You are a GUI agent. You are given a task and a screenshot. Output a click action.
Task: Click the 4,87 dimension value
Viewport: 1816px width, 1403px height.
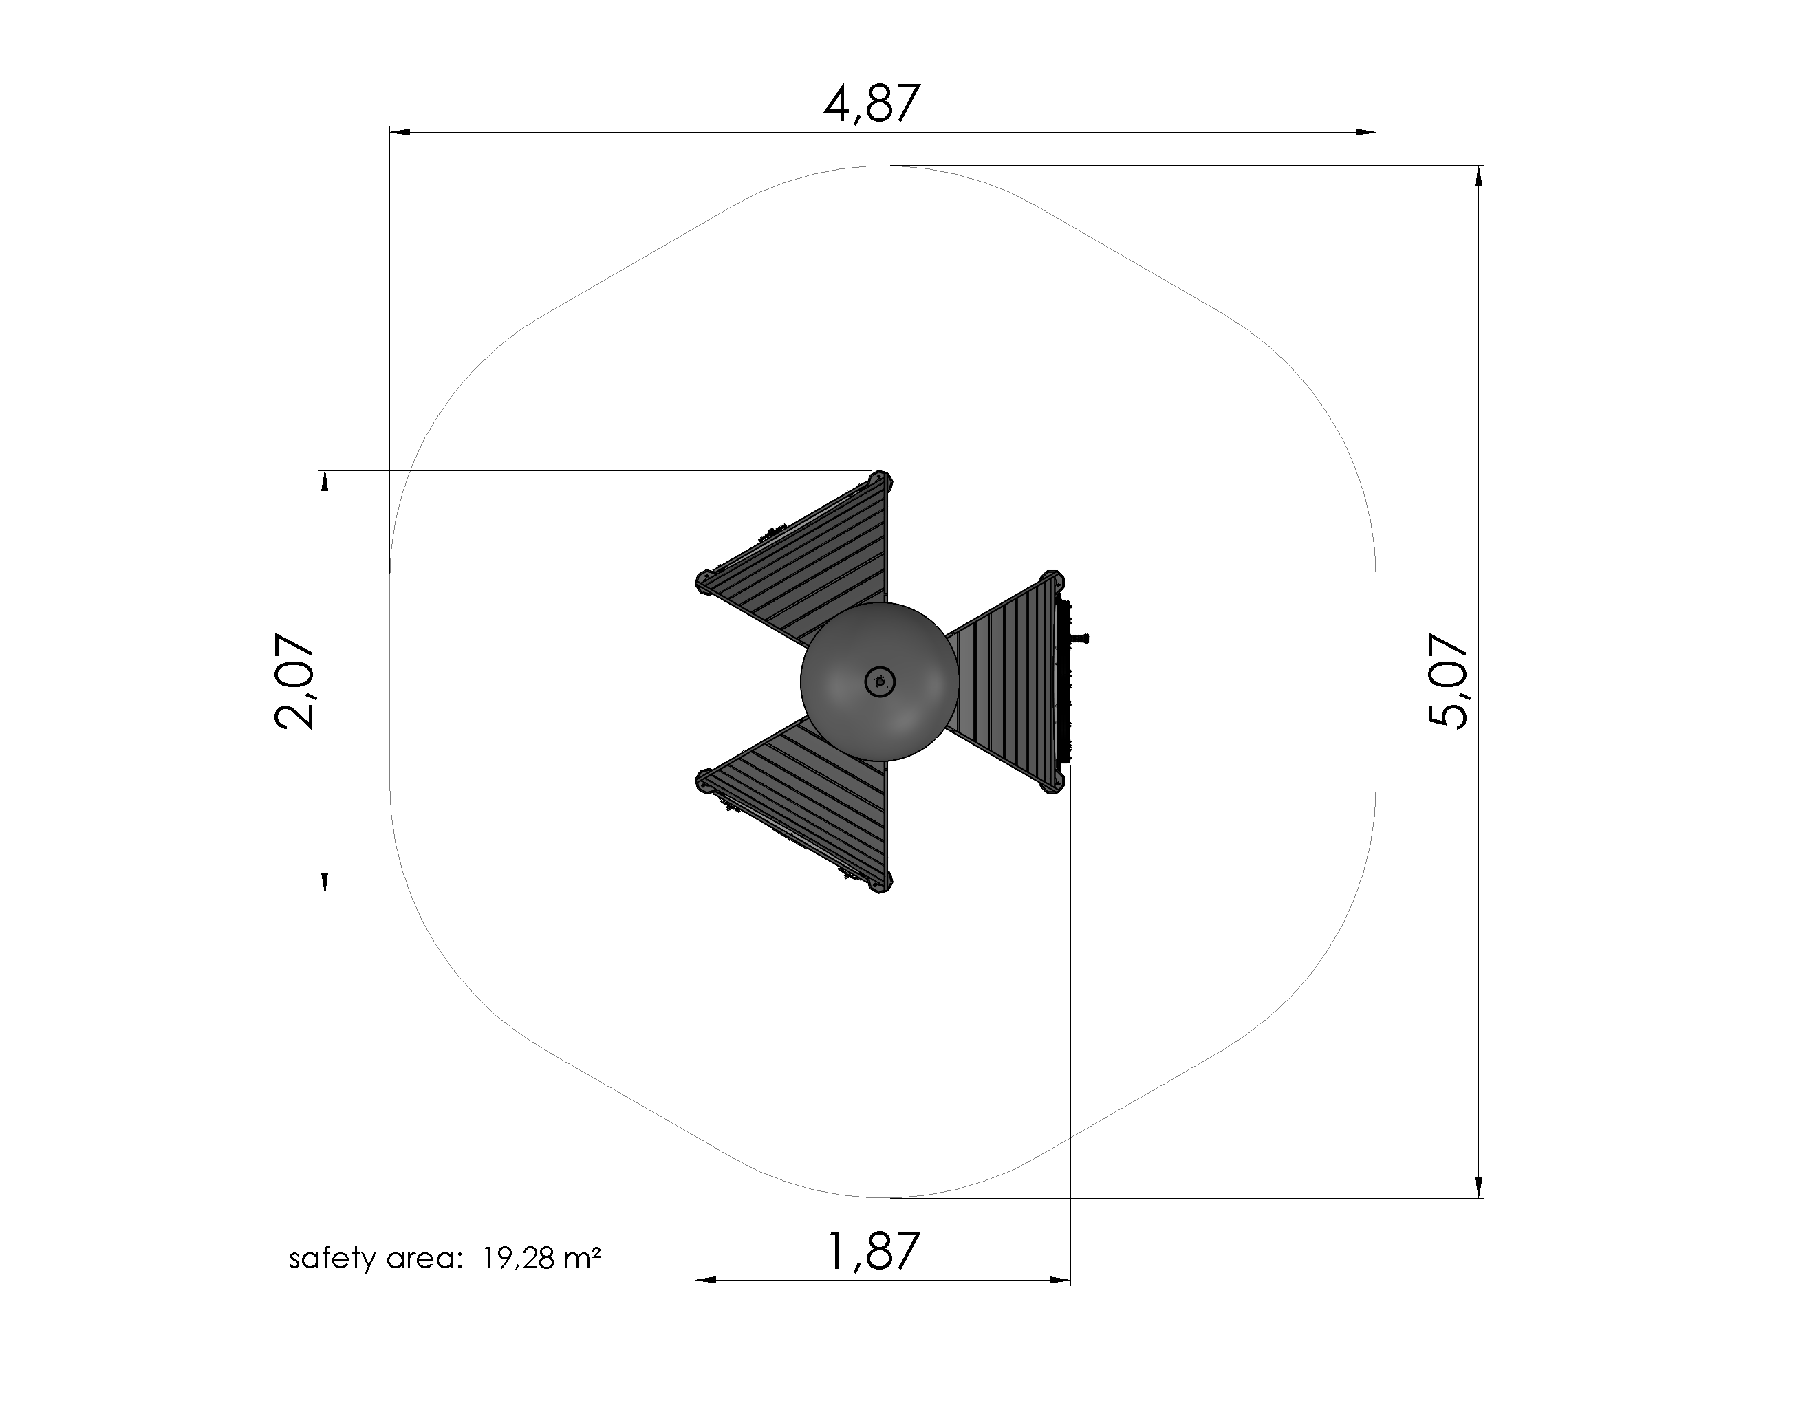[x=872, y=104]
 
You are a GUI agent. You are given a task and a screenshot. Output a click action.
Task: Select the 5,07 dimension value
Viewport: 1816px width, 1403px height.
[x=1448, y=682]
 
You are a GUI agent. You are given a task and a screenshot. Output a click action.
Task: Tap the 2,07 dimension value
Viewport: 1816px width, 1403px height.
[x=294, y=682]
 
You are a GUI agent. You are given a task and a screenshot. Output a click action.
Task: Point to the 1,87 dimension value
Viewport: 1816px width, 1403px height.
[x=873, y=1252]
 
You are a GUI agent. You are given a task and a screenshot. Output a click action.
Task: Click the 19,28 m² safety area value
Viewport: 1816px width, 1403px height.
[x=541, y=1259]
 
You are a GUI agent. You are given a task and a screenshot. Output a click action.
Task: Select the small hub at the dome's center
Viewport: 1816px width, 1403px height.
[x=880, y=682]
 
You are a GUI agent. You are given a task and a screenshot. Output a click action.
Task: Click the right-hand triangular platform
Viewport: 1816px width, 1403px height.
[x=1010, y=682]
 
